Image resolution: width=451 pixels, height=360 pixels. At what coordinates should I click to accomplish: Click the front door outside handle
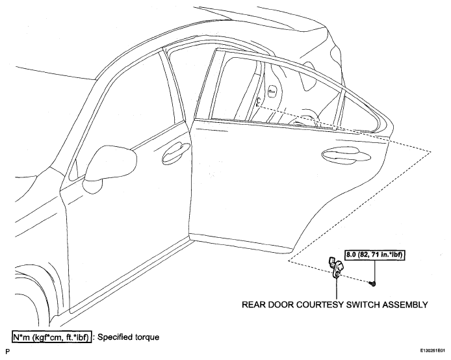tap(176, 152)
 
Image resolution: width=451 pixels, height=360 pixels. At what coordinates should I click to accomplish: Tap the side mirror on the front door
tap(110, 170)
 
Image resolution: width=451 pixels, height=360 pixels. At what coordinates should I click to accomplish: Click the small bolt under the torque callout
tap(373, 284)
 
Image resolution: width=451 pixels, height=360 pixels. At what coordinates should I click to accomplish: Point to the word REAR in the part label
tap(253, 305)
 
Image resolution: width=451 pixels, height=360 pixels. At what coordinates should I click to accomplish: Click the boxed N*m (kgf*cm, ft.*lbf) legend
tap(52, 337)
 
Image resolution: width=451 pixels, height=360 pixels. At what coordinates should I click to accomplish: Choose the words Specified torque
tap(128, 337)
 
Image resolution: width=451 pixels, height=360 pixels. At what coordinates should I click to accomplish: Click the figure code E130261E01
tap(432, 351)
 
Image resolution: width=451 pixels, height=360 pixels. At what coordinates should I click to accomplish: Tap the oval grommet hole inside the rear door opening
tap(272, 92)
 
